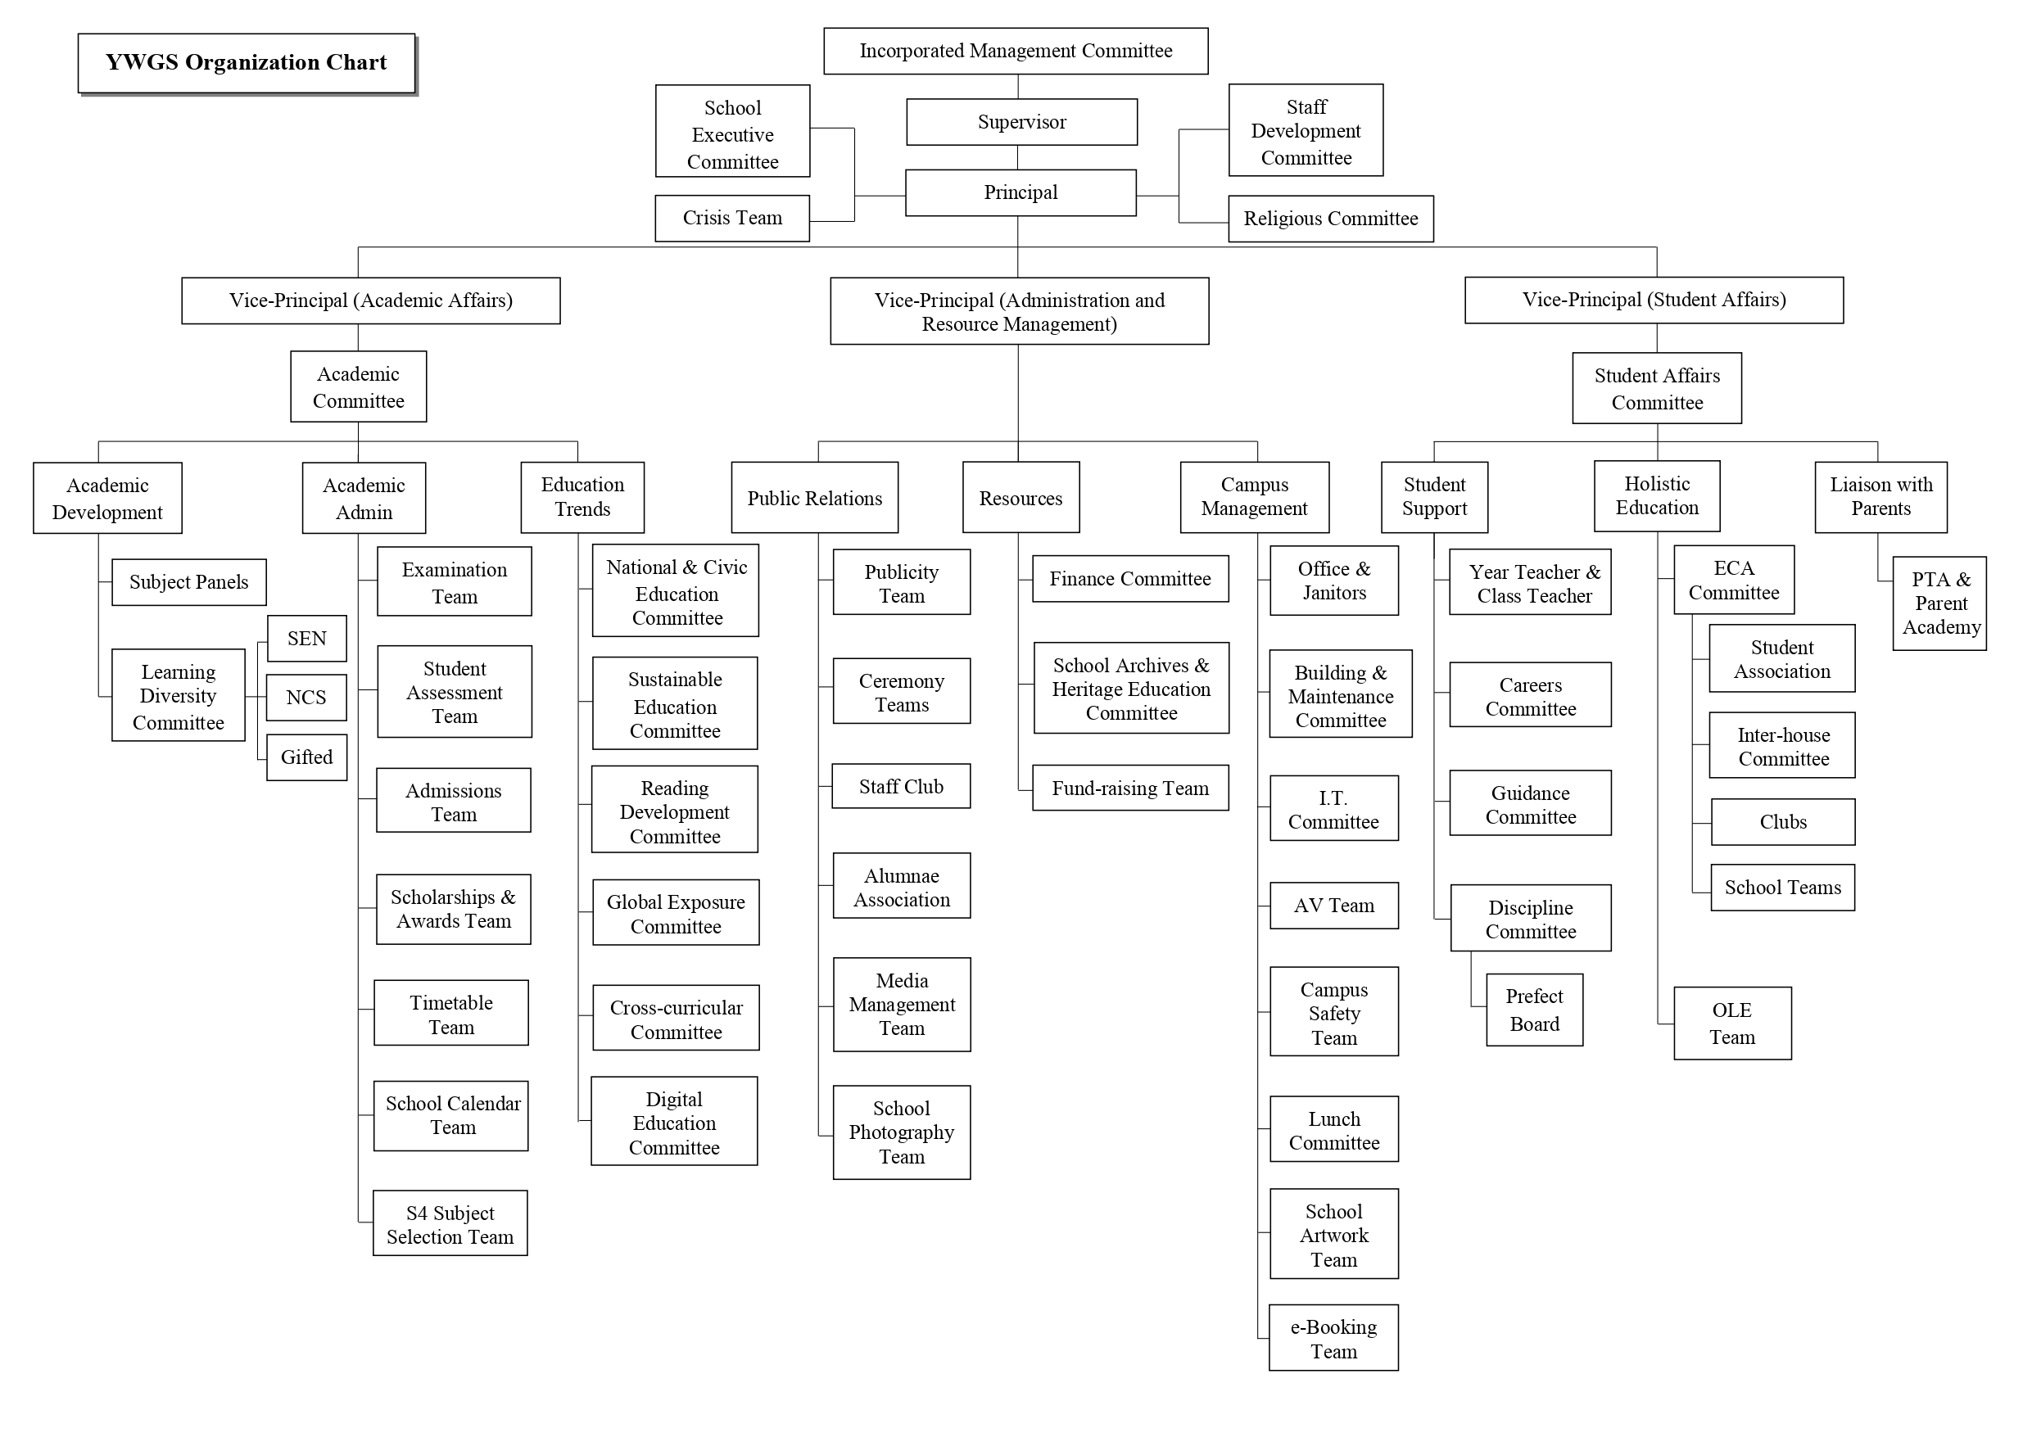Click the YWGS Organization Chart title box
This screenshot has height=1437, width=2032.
(x=247, y=64)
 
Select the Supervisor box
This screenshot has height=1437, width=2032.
(x=1021, y=122)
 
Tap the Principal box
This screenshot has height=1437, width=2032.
(x=1021, y=193)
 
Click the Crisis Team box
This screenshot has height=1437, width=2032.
(x=732, y=219)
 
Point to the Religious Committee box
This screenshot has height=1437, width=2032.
(x=1330, y=219)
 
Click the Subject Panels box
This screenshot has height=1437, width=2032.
(x=188, y=582)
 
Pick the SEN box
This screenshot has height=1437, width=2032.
(x=306, y=639)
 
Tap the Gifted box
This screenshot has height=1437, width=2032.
(x=306, y=757)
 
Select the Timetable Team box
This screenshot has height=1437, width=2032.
(x=451, y=1013)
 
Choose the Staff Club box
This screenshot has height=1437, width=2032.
(x=901, y=787)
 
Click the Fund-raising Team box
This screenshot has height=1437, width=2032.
(x=1130, y=788)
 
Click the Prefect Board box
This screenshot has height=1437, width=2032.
(x=1534, y=1010)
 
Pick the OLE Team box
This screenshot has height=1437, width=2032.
(x=1732, y=1023)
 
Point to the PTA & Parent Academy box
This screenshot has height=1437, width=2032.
(x=1940, y=603)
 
